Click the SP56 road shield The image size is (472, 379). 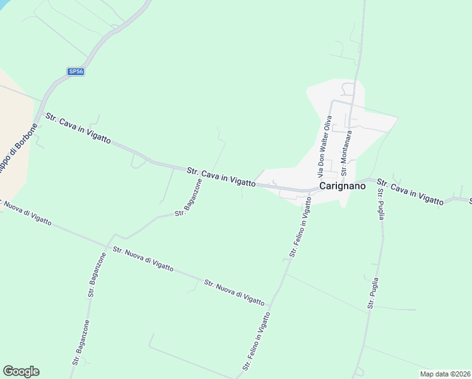pyautogui.click(x=76, y=72)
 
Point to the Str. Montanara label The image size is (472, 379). pyautogui.click(x=345, y=153)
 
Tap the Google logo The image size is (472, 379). pyautogui.click(x=21, y=371)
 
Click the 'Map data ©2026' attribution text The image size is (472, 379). pyautogui.click(x=444, y=373)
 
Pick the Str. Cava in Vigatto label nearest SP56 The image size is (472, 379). pyautogui.click(x=78, y=129)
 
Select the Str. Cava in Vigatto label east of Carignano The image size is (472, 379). pyautogui.click(x=410, y=191)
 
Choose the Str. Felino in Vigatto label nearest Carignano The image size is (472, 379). pyautogui.click(x=301, y=227)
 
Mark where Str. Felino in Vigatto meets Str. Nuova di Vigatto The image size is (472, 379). pyautogui.click(x=271, y=306)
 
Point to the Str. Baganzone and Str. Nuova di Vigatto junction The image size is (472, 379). pyautogui.click(x=109, y=244)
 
